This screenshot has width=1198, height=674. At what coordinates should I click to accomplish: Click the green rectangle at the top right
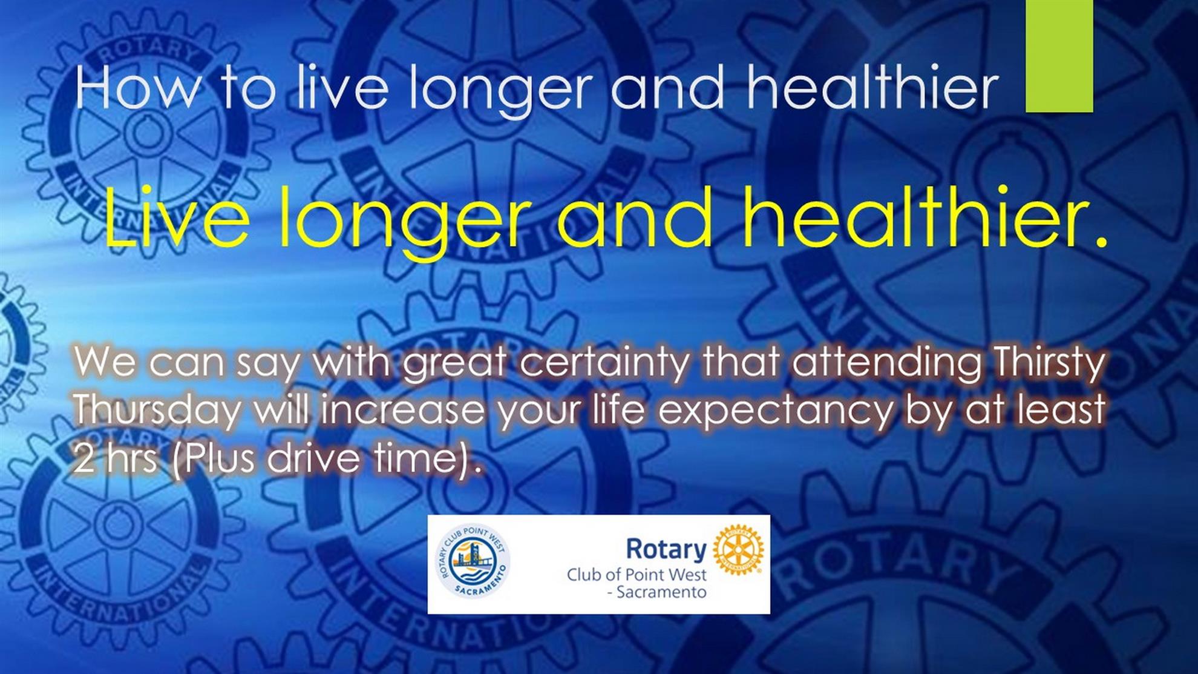point(1059,56)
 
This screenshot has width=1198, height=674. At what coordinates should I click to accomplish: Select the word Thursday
point(157,412)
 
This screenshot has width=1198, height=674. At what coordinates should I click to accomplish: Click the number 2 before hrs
point(83,458)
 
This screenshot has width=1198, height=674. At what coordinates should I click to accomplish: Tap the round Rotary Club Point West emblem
point(473,561)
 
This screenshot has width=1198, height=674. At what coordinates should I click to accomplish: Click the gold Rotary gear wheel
point(738,550)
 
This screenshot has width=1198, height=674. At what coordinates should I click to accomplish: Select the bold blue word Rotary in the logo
point(666,549)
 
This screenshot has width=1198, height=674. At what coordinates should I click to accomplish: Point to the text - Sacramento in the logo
point(656,592)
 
